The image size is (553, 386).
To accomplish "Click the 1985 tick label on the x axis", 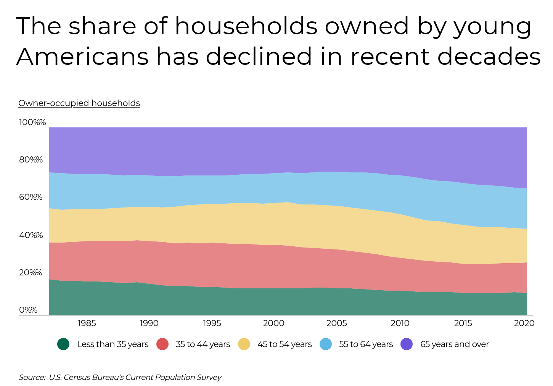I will (87, 323).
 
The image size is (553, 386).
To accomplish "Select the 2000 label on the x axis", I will (273, 323).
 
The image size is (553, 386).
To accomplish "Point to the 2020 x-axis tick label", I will (524, 323).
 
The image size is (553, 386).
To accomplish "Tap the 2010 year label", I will (400, 323).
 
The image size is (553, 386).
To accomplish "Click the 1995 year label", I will (212, 323).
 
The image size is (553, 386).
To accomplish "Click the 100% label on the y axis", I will (32, 122).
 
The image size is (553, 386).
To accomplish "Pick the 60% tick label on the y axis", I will (31, 197).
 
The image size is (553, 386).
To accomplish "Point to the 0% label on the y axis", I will (28, 310).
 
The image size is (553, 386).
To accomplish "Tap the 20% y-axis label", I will (31, 273).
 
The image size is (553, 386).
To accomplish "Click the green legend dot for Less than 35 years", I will (63, 344).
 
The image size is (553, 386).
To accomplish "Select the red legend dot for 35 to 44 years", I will (162, 344).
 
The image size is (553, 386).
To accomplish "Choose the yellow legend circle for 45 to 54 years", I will (244, 344).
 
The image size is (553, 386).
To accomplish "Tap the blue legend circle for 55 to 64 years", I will (326, 344).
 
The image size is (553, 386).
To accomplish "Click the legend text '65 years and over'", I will (454, 344).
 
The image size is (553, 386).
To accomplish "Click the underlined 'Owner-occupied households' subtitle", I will (79, 103).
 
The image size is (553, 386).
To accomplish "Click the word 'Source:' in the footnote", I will (32, 377).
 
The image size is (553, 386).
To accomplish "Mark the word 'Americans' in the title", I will (82, 56).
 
